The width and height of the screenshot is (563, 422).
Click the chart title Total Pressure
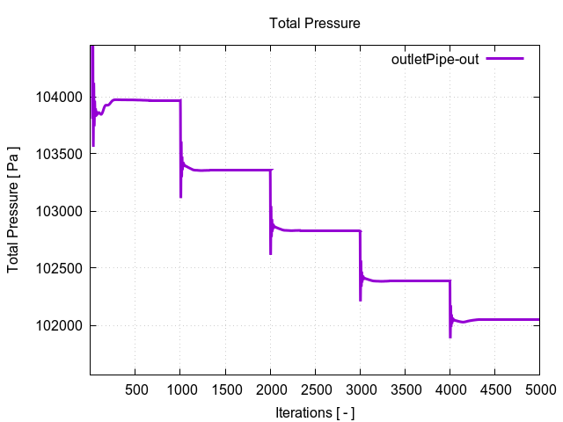314,24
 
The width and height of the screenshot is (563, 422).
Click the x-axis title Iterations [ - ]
314,411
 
